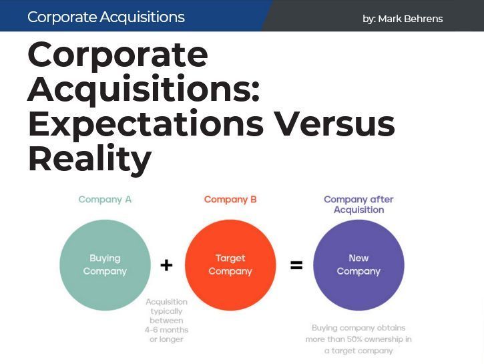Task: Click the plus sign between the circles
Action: (x=166, y=265)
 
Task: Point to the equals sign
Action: (x=296, y=265)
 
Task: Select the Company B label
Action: (x=230, y=199)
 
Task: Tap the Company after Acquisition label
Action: (x=358, y=204)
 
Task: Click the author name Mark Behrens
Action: (x=410, y=19)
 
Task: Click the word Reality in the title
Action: (x=89, y=158)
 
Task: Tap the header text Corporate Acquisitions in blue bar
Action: (x=106, y=17)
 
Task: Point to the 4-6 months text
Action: (x=167, y=330)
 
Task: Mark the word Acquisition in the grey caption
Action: (x=167, y=302)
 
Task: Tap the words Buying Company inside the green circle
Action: (x=105, y=264)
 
